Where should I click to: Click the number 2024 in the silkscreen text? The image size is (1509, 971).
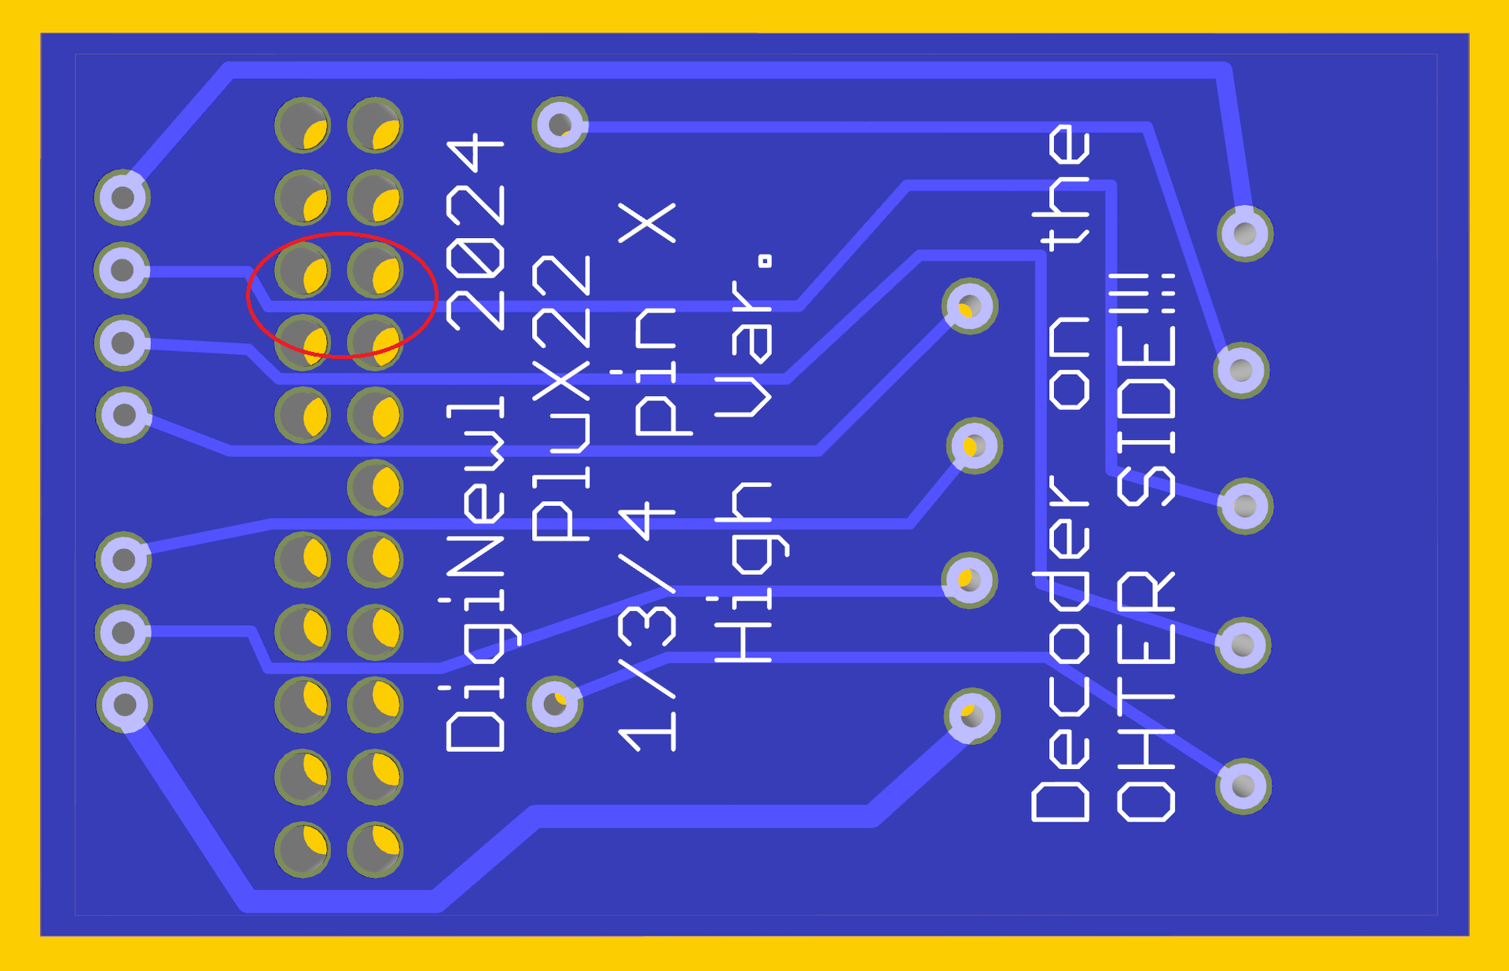click(475, 232)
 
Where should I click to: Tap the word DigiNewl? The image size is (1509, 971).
click(475, 573)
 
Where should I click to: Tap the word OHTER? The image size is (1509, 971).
click(1146, 696)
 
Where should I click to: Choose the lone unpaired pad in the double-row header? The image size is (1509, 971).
click(375, 488)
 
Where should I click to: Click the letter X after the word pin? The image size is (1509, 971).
click(648, 223)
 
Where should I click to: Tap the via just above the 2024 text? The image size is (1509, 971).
click(560, 124)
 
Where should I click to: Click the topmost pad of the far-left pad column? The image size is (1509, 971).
click(123, 197)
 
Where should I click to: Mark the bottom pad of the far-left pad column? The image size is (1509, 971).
click(124, 705)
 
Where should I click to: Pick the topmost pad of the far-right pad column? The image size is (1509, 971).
click(1245, 233)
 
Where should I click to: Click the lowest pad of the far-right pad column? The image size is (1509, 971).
click(1243, 786)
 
